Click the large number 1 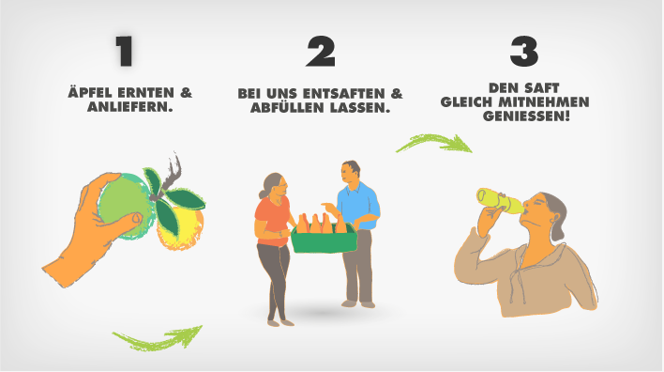(x=125, y=51)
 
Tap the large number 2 (x=321, y=52)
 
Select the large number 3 (x=524, y=52)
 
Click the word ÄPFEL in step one (x=89, y=92)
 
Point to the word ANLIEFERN (x=130, y=106)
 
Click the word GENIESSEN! (x=526, y=116)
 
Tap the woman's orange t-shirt (x=272, y=221)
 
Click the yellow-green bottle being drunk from (x=500, y=201)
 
